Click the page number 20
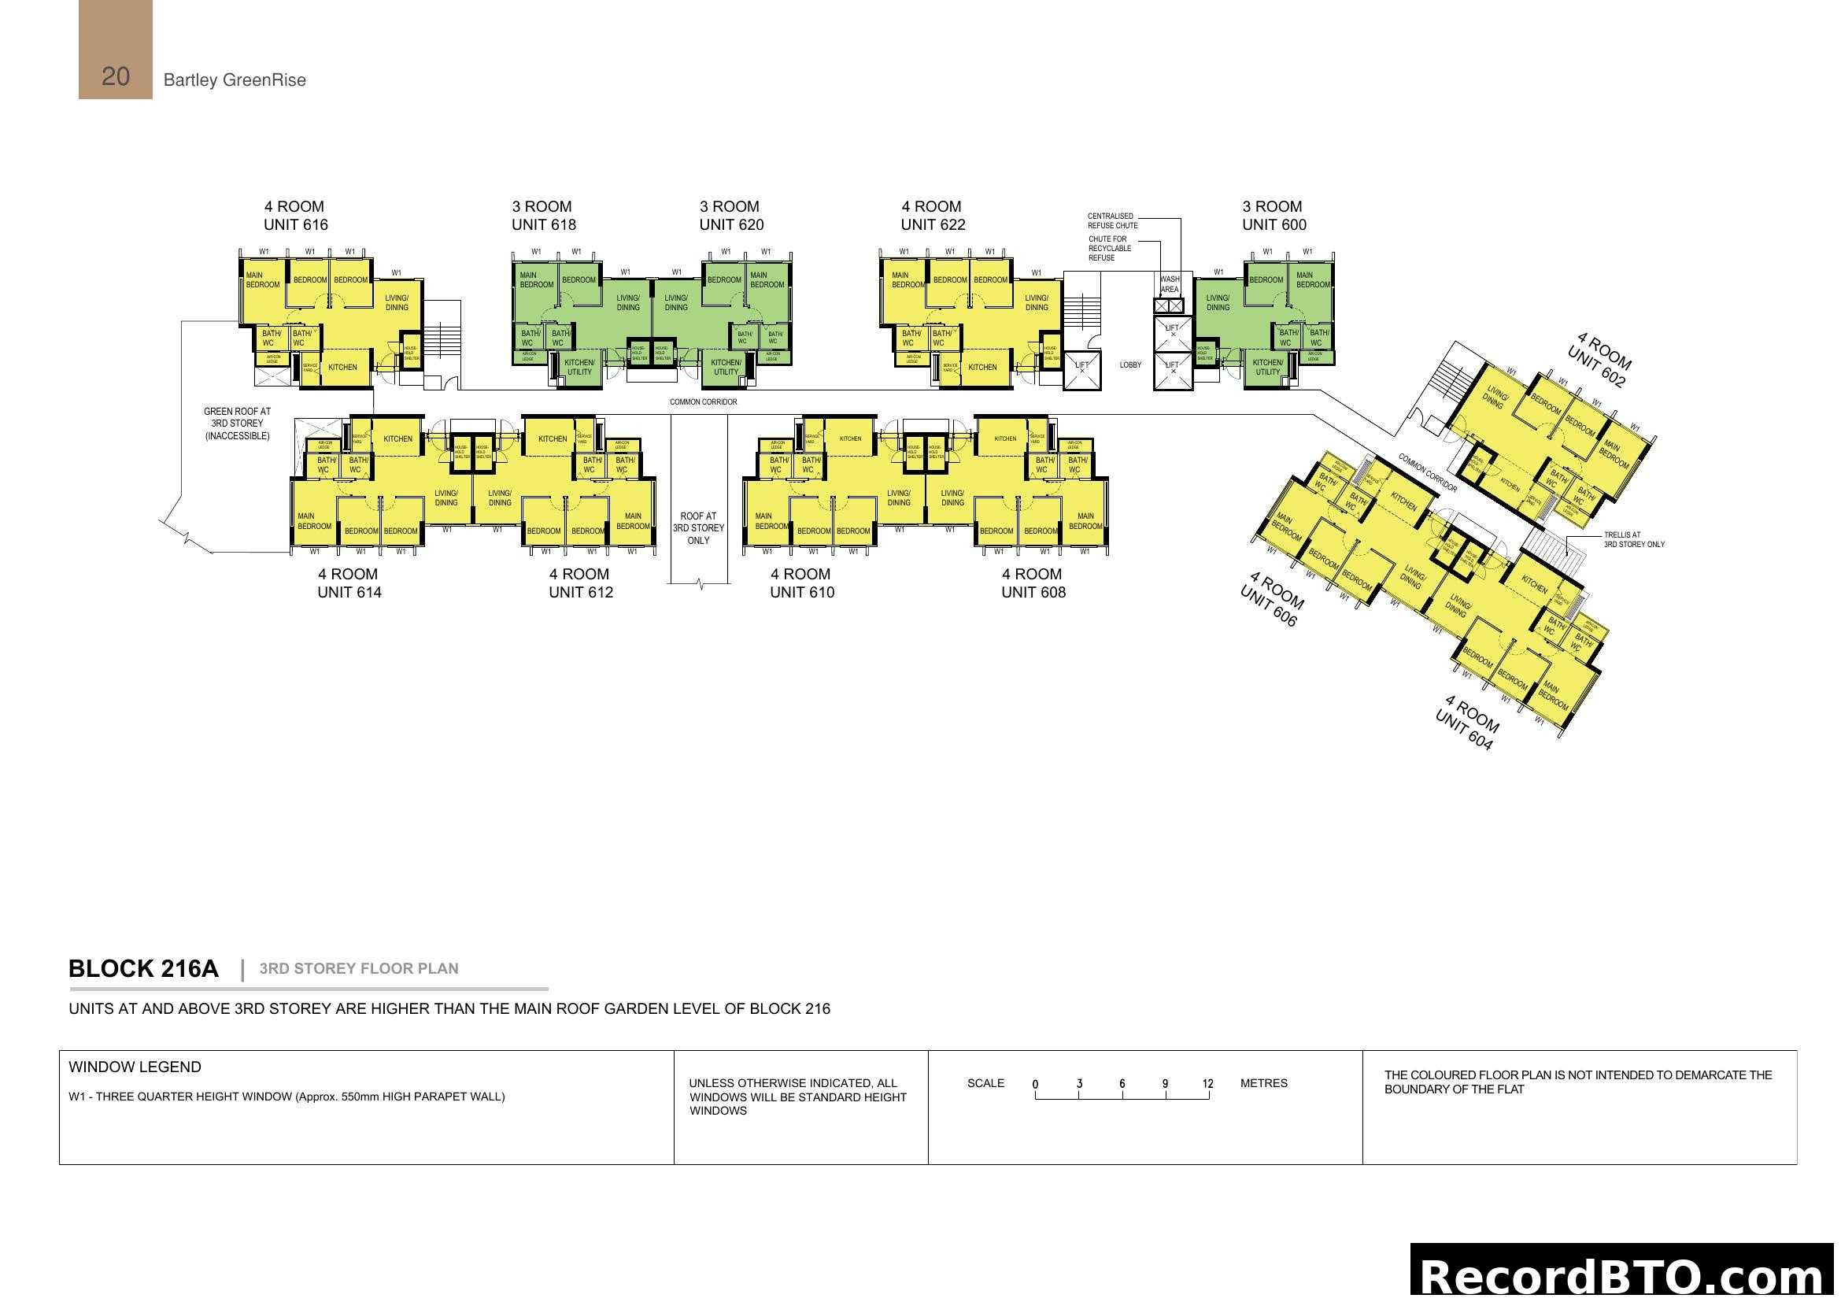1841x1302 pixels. pyautogui.click(x=116, y=76)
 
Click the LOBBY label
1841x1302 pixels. pyautogui.click(x=1129, y=364)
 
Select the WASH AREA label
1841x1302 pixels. pyautogui.click(x=1169, y=284)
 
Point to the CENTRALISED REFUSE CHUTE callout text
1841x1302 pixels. pyautogui.click(x=1112, y=220)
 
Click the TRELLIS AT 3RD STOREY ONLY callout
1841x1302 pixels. pyautogui.click(x=1633, y=539)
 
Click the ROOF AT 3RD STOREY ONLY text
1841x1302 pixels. pyautogui.click(x=697, y=528)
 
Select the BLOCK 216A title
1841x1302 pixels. pyautogui.click(x=143, y=968)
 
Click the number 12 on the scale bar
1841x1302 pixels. pyautogui.click(x=1207, y=1084)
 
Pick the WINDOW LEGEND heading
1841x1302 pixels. pyautogui.click(x=135, y=1067)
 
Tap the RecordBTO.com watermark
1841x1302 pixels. pyautogui.click(x=1624, y=1275)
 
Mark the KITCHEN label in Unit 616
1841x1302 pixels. pyautogui.click(x=342, y=367)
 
